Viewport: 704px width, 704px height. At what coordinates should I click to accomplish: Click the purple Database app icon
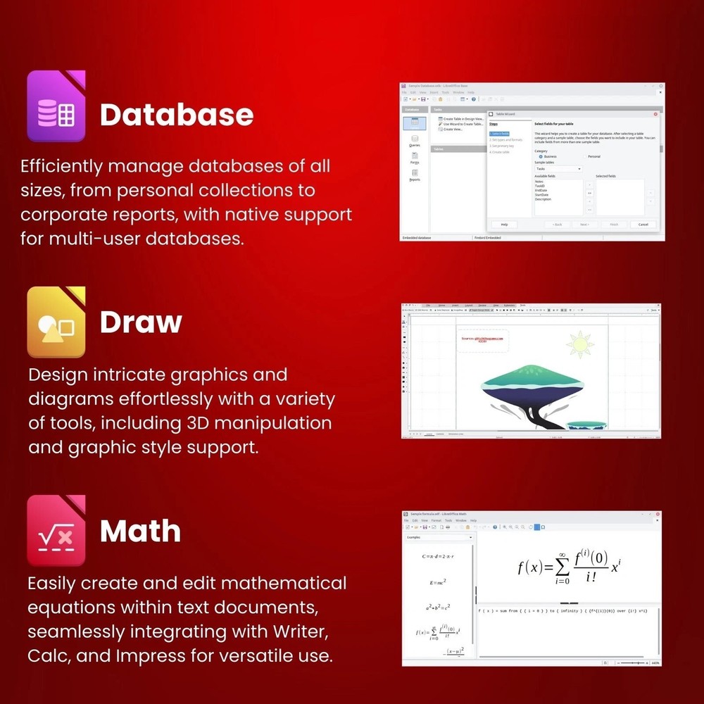(56, 106)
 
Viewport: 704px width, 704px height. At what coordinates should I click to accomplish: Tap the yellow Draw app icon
(56, 322)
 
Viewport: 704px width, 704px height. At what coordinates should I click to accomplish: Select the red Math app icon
(56, 530)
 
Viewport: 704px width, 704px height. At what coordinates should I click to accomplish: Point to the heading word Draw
(141, 322)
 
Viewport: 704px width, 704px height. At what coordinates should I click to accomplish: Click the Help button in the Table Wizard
(504, 225)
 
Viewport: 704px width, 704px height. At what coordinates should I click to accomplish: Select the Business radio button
(541, 156)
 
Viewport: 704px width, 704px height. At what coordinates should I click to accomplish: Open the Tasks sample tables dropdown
(559, 169)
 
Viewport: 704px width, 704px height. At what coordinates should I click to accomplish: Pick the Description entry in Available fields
(543, 199)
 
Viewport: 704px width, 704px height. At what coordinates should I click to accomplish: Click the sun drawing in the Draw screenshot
(580, 344)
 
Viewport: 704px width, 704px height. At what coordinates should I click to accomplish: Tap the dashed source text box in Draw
(483, 340)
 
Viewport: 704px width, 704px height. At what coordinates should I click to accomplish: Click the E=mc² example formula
(438, 582)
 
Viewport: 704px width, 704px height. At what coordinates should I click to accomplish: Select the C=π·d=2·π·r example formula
(438, 556)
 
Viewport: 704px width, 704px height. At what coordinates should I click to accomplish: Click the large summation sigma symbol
(562, 567)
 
